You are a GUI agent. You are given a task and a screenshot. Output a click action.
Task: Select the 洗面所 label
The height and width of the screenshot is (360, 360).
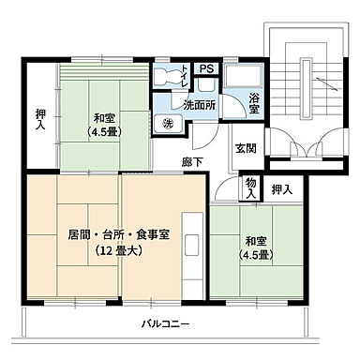pos(200,104)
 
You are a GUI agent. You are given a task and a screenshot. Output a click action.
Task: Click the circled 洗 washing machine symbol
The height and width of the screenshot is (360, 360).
pos(168,124)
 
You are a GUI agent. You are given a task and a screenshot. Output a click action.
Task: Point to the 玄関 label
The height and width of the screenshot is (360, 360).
pos(245,147)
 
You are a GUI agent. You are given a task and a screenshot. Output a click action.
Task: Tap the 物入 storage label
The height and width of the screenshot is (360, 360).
pos(250,188)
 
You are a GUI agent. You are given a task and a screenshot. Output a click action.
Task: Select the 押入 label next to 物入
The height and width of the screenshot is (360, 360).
pos(281,190)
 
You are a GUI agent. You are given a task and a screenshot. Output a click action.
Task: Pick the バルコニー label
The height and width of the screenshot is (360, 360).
pos(166,323)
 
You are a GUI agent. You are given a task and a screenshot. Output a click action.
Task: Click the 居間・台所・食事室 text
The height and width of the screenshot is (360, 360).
pos(118,233)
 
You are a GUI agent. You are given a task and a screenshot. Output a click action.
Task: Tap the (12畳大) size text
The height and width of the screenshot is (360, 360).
pos(118,250)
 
